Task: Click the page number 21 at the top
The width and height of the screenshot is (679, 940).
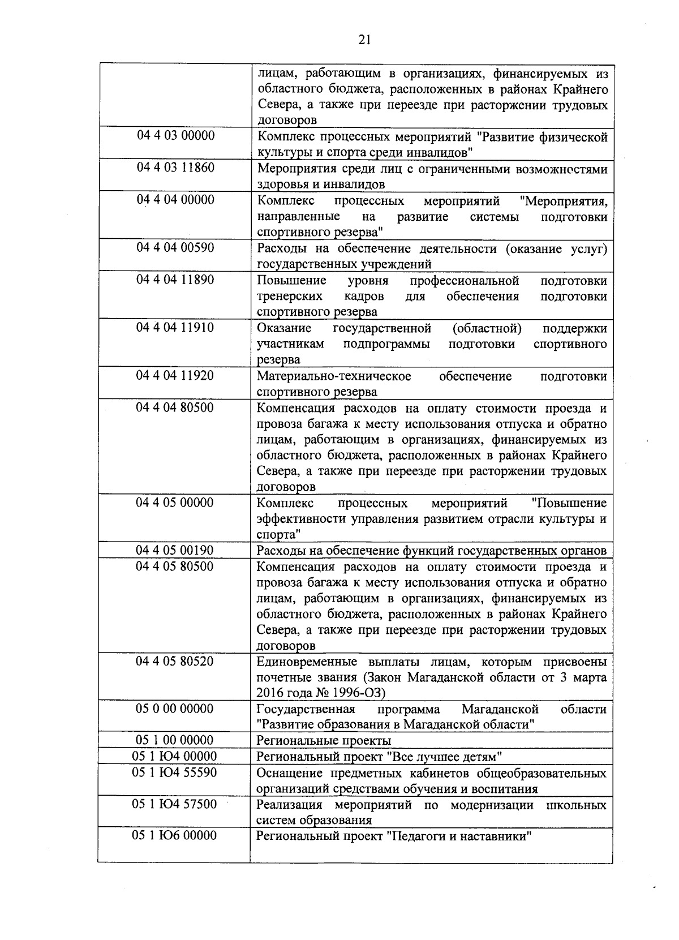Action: point(364,39)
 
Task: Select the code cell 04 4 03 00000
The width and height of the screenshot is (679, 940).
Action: point(175,136)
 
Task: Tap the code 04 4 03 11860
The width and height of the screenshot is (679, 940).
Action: point(175,168)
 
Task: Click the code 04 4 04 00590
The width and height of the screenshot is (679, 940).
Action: point(175,247)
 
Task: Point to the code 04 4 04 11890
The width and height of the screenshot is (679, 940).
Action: point(175,280)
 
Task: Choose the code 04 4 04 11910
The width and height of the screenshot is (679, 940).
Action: point(175,327)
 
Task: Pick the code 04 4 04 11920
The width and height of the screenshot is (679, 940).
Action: point(175,375)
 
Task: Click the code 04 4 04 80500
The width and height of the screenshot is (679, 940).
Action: point(175,407)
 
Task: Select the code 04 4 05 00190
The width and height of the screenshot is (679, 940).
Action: point(175,550)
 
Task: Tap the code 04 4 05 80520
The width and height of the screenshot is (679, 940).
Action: point(175,661)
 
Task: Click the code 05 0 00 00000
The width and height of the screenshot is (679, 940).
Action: point(175,709)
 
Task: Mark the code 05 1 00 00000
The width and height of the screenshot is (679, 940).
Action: point(175,740)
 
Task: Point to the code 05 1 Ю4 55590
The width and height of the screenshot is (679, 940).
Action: point(175,772)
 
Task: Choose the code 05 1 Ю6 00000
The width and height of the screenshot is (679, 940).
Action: point(175,835)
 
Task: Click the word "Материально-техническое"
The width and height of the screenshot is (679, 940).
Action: point(334,376)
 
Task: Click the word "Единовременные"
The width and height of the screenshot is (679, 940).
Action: point(306,662)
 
